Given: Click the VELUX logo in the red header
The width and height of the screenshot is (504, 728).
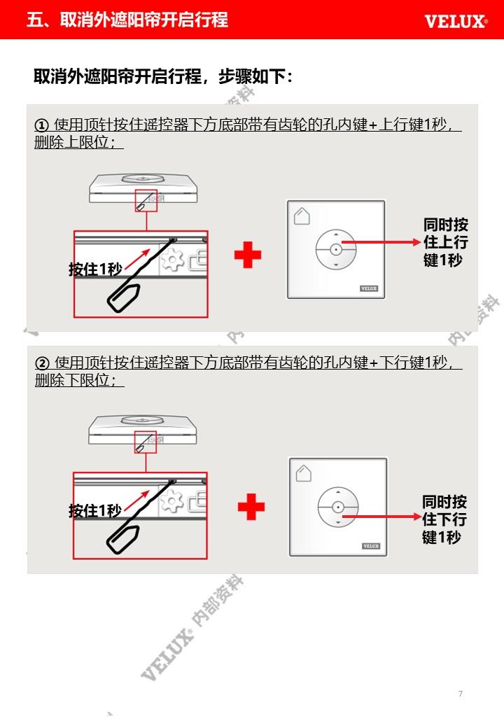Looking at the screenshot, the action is (456, 22).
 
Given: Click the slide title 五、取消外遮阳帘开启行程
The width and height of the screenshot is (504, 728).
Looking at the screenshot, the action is (127, 20).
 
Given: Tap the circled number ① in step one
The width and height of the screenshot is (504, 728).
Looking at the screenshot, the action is (41, 125).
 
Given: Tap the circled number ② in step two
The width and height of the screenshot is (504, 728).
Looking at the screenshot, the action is (42, 363).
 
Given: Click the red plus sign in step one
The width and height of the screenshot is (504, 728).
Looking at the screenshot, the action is (248, 254).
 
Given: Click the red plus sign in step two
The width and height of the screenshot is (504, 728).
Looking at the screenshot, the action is (251, 507).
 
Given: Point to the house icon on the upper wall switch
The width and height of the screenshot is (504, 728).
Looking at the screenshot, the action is (302, 216).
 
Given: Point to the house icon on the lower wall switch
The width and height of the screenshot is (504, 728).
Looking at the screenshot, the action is (304, 473).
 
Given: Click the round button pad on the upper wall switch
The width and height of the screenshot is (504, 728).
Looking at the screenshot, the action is (336, 249).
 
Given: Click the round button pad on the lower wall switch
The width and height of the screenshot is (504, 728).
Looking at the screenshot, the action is (338, 507).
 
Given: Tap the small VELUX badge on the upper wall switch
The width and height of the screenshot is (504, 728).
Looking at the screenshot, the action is (369, 288).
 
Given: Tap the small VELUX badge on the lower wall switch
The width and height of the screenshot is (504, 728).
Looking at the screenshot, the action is (371, 546).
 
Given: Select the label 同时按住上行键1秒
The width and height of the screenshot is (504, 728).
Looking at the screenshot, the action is (445, 242).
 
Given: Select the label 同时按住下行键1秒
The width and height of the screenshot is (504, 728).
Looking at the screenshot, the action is (444, 519).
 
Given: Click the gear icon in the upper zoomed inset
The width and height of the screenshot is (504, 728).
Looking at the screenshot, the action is (173, 259).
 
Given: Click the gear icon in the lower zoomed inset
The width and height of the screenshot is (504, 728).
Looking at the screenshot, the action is (171, 500).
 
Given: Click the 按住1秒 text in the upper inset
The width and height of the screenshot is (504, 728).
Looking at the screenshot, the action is (96, 269).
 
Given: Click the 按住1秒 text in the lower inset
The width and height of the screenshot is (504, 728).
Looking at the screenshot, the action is (95, 511).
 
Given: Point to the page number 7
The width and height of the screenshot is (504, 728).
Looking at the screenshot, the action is (461, 694).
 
